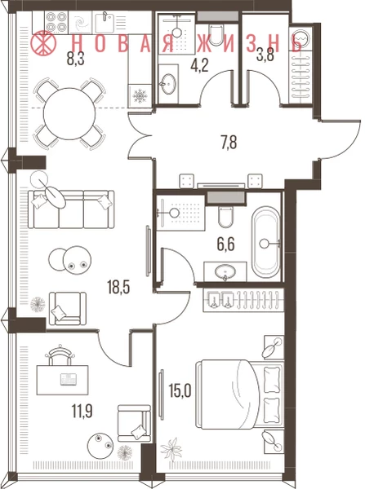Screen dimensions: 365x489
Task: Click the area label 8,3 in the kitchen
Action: (x=76, y=59)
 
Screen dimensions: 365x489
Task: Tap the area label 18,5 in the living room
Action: (x=118, y=287)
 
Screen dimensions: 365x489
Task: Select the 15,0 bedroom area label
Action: (x=180, y=390)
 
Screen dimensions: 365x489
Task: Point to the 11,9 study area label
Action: (x=82, y=411)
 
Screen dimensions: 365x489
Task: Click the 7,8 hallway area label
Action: (x=229, y=142)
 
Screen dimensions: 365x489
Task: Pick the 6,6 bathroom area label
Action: (x=225, y=244)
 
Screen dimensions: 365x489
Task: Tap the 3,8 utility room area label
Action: (x=265, y=56)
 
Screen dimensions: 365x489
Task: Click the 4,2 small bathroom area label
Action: (x=199, y=66)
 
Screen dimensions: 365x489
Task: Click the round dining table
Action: (x=69, y=114)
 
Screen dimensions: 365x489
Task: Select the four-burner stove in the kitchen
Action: (x=56, y=22)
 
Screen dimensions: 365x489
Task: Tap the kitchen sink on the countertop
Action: (x=104, y=22)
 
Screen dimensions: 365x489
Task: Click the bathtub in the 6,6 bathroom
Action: (x=266, y=243)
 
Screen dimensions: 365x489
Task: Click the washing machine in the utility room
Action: (x=300, y=39)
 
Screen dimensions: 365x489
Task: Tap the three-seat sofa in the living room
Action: (x=71, y=209)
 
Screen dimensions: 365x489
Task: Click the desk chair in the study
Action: (x=60, y=355)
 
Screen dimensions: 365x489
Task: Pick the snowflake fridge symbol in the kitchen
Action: (x=140, y=96)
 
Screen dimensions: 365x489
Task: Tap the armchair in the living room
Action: (x=68, y=309)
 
